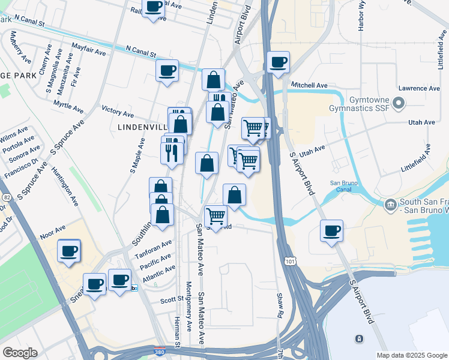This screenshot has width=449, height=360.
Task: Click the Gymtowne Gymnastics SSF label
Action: pyautogui.click(x=360, y=103)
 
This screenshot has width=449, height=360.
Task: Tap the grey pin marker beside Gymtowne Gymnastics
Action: pyautogui.click(x=400, y=104)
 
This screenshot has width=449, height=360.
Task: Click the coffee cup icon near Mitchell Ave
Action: pyautogui.click(x=278, y=63)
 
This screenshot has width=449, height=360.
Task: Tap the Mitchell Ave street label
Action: pyautogui.click(x=309, y=86)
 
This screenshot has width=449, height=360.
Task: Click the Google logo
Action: pyautogui.click(x=20, y=353)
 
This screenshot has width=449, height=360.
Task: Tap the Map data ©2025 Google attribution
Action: pyautogui.click(x=411, y=355)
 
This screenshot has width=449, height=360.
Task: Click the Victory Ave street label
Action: pyautogui.click(x=118, y=112)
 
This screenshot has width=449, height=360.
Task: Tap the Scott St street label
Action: pyautogui.click(x=171, y=299)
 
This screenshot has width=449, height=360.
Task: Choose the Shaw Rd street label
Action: pyautogui.click(x=280, y=305)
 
